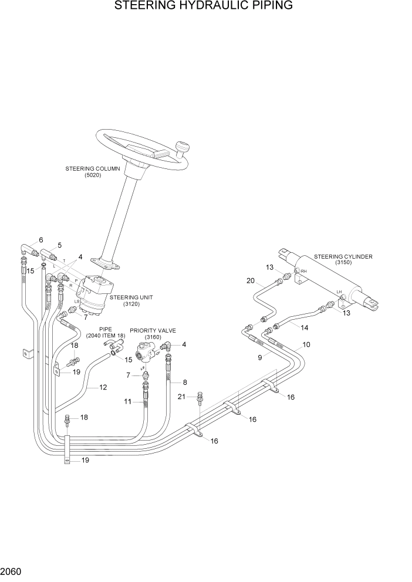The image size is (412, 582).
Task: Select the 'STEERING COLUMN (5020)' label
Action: tap(93, 172)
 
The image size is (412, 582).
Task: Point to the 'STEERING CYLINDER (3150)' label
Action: tap(343, 259)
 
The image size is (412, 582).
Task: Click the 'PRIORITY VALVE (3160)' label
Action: tap(153, 334)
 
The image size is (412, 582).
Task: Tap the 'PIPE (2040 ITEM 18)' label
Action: tap(105, 333)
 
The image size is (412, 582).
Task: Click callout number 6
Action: tap(41, 240)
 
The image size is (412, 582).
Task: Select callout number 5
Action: tap(59, 245)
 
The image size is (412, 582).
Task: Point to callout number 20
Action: tap(251, 281)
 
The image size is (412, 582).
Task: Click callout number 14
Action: tap(304, 327)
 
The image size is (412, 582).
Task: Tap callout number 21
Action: tap(182, 397)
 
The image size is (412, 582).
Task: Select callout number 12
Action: tap(103, 387)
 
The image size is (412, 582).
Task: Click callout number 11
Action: tap(127, 401)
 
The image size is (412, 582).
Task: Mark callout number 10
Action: tap(306, 345)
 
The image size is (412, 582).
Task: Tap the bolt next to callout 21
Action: tap(200, 398)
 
